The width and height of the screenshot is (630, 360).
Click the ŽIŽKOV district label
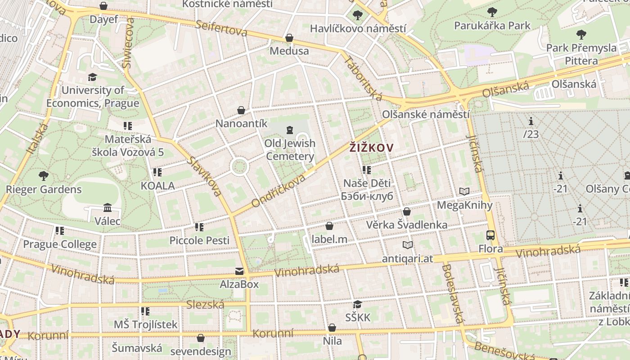coord(372,148)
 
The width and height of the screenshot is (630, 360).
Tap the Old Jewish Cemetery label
coord(290,150)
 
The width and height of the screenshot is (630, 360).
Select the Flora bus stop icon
coord(490,235)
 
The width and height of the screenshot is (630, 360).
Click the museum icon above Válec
coord(108,208)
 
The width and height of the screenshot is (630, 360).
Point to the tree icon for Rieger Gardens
coord(43,175)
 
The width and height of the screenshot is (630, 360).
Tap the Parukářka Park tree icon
coord(492,12)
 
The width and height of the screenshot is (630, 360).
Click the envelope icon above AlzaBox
coord(239,271)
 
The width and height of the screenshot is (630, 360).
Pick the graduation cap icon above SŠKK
coord(358,305)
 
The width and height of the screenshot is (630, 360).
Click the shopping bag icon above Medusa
coord(289,38)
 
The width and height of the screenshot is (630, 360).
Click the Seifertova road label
coord(221,28)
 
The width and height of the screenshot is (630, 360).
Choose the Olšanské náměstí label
coord(426,114)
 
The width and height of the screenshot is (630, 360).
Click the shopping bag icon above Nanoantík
coord(241,110)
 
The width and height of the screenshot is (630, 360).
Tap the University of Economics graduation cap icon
coord(92,77)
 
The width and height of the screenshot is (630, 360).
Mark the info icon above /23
coord(531,121)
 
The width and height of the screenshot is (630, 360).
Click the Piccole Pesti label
coord(199,240)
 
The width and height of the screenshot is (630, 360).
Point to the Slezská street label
coord(205,305)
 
